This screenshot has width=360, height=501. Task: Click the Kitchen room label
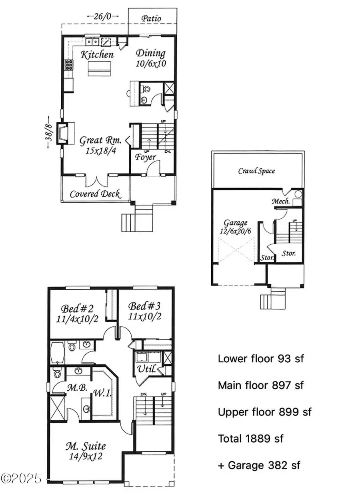pos(97,54)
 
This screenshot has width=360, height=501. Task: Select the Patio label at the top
pos(152,18)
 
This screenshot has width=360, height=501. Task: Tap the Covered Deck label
pos(95,194)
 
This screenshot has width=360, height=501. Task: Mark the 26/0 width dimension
pos(103,16)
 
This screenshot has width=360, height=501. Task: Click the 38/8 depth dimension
pos(48,133)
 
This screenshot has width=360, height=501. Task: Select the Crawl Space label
pos(256,171)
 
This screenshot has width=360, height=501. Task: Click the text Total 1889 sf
pos(250,438)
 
